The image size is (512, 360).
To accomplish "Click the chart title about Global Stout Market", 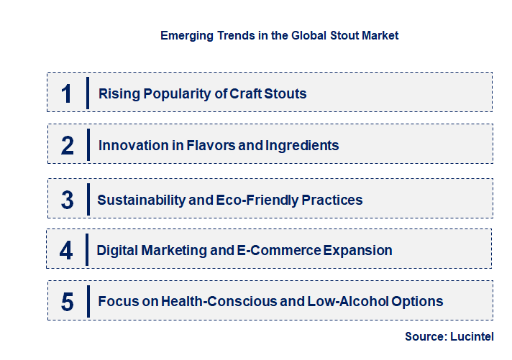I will click(279, 34).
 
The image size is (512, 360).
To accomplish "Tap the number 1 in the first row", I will click(67, 93).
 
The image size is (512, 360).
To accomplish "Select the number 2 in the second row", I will click(68, 146).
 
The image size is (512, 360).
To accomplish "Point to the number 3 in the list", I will click(68, 200).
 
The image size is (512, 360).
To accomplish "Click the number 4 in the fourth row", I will click(67, 251).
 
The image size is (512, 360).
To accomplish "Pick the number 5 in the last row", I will click(68, 302).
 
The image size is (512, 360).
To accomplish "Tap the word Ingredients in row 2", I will click(302, 146).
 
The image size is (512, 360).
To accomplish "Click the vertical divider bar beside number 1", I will click(87, 93).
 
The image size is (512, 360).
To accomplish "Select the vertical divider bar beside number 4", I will click(87, 250).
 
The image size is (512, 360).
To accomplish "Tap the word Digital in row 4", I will click(118, 251).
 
